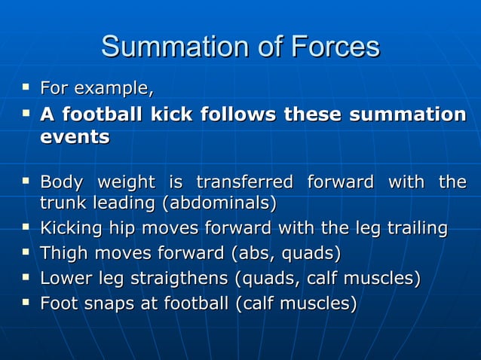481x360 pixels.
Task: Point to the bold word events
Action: tap(75, 138)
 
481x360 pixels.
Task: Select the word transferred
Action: tap(244, 182)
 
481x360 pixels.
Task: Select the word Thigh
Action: tap(63, 253)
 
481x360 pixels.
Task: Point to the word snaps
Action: tap(102, 304)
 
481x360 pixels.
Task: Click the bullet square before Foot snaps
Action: tap(26, 303)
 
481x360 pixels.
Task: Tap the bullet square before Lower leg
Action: tap(26, 277)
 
